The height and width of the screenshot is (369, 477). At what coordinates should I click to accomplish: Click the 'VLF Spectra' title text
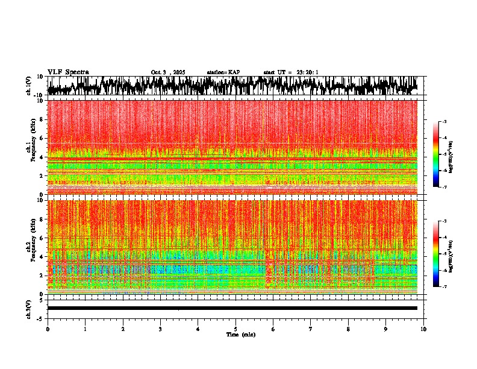[x=68, y=72]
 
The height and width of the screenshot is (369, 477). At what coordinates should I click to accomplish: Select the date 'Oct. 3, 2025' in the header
[x=168, y=72]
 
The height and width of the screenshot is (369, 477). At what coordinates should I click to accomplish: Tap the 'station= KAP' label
[x=223, y=72]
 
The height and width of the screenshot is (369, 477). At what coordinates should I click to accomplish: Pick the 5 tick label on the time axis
[x=235, y=329]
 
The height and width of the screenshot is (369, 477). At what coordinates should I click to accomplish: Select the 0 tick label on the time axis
[x=48, y=329]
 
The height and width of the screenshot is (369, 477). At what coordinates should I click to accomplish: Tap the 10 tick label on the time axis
[x=423, y=329]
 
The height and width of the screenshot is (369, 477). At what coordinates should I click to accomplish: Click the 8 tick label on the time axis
[x=348, y=329]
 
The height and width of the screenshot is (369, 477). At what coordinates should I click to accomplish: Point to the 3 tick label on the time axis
[x=160, y=329]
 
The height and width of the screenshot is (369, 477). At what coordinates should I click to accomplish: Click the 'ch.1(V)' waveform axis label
[x=29, y=86]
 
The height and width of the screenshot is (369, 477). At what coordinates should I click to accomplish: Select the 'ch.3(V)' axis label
[x=29, y=308]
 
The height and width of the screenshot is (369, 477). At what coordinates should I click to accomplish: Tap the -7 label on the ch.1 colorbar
[x=445, y=187]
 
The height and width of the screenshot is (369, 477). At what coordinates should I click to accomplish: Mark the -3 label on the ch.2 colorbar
[x=445, y=221]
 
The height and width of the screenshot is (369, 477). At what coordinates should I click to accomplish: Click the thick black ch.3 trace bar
[x=232, y=308]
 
